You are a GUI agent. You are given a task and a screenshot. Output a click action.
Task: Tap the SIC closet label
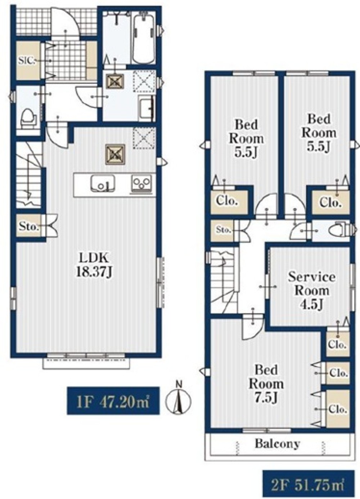tap(26, 61)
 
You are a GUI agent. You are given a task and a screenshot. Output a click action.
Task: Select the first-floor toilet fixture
tap(28, 118)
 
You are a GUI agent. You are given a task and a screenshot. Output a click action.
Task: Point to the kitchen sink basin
tap(103, 183)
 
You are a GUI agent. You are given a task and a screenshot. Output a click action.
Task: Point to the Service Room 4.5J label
tap(312, 290)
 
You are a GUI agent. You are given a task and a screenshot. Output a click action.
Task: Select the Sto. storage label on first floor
tap(29, 226)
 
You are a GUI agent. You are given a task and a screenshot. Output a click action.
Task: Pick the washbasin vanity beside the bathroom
tap(146, 108)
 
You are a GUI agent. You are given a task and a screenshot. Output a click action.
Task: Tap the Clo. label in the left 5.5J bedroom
tap(226, 201)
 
